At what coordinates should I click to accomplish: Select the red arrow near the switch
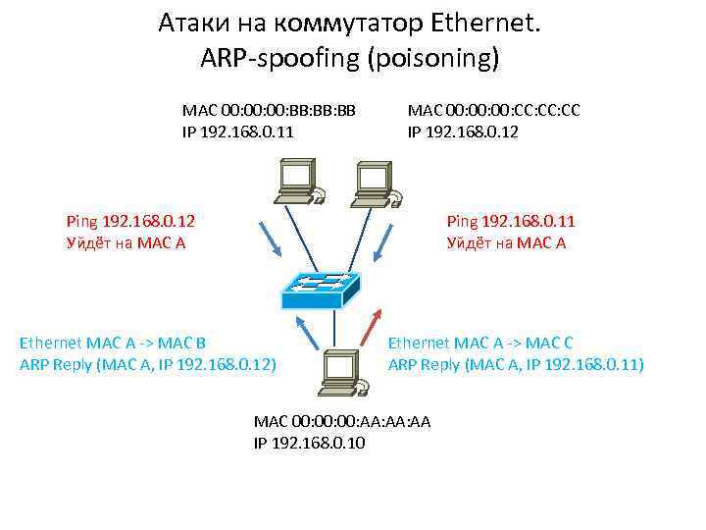(x=375, y=325)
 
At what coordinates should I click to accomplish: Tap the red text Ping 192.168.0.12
(x=130, y=223)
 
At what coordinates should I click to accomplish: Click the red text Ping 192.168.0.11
(x=511, y=223)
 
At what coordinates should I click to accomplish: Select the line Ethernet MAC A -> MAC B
(x=113, y=344)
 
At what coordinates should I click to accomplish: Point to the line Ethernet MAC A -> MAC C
(x=480, y=344)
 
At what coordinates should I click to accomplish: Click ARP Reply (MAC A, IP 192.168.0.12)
(x=148, y=364)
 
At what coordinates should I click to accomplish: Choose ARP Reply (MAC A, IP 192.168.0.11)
(x=516, y=364)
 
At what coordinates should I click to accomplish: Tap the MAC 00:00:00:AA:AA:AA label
(x=342, y=421)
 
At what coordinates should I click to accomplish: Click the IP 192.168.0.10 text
(x=309, y=443)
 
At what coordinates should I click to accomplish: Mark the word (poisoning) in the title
(x=433, y=58)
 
